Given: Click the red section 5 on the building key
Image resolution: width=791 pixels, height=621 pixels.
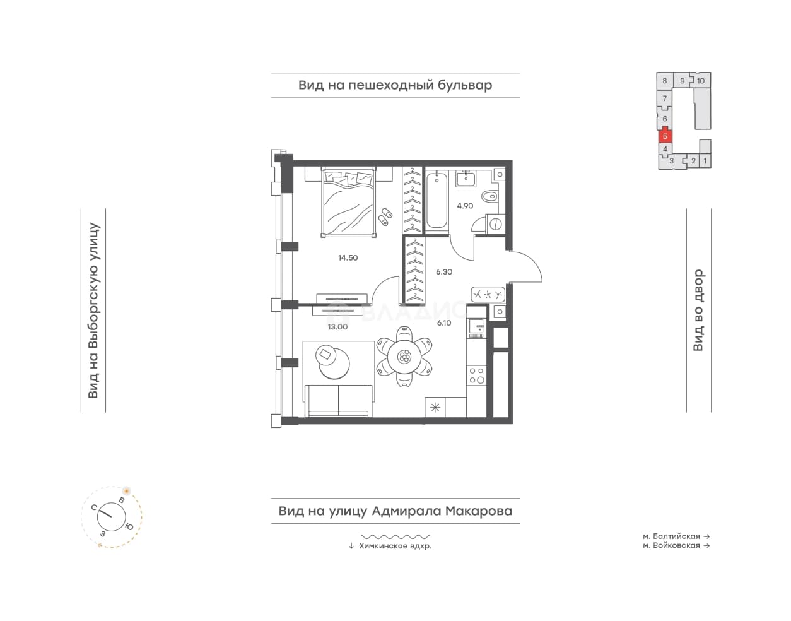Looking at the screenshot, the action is [665, 136].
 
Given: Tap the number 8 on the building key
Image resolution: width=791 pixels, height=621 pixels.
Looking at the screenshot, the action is [665, 81].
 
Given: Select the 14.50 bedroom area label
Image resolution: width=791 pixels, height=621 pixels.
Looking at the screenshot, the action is [348, 258].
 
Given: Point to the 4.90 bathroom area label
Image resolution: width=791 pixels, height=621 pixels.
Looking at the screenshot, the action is [465, 206].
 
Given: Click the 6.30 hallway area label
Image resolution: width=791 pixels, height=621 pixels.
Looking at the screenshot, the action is [444, 272].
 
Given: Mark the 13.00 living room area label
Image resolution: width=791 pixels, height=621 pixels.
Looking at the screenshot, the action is [337, 327].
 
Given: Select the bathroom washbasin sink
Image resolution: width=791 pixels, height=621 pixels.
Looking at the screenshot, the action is [466, 179].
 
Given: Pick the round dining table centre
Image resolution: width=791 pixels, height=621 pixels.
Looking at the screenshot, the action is [404, 357].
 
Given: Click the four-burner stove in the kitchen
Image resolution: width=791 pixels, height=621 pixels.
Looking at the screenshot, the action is [476, 376].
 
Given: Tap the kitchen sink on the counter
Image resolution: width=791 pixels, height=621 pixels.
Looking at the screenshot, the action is [476, 326].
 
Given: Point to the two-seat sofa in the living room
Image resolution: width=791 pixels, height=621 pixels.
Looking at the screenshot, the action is [338, 400].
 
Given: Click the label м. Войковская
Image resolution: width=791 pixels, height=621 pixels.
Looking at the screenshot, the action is [671, 545].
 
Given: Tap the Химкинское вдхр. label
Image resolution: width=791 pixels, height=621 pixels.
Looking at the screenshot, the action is [395, 546].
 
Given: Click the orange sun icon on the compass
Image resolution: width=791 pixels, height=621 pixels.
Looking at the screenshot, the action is [126, 491].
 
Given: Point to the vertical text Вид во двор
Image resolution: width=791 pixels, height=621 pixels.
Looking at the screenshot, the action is [698, 310].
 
